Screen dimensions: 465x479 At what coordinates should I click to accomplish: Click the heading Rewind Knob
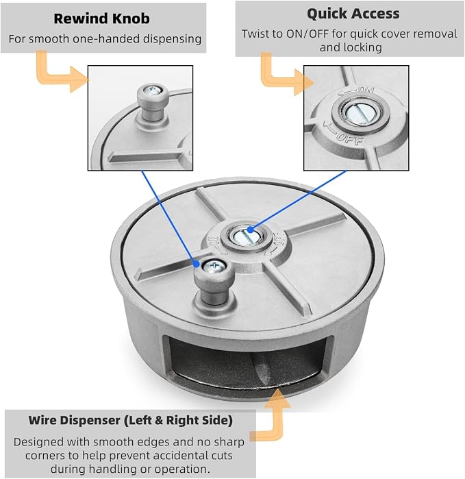click(101, 19)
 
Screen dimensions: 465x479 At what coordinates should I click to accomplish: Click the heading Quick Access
click(353, 14)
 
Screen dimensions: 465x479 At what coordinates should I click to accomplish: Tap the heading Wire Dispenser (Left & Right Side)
click(131, 420)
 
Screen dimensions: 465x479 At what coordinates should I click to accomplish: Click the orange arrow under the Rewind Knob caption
click(61, 73)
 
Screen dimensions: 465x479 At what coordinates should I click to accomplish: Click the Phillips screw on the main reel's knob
click(214, 267)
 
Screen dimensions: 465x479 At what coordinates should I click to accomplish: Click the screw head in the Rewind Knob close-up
click(153, 90)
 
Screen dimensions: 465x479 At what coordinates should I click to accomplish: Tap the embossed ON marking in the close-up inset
click(366, 90)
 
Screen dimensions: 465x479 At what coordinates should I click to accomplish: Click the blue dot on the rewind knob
click(197, 264)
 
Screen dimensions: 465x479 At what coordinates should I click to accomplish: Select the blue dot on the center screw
click(251, 230)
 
